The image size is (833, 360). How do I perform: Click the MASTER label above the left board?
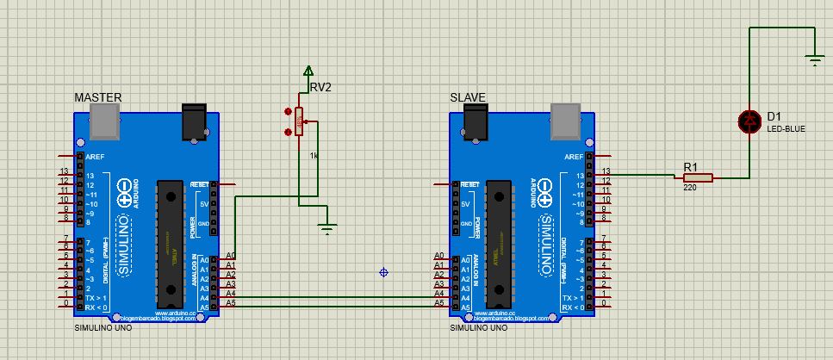point(97,97)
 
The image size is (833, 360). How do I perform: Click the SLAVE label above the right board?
point(468,97)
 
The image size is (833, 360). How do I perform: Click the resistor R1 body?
point(693,177)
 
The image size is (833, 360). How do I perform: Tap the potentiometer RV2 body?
point(299,121)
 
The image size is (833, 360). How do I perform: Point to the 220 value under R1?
point(690,187)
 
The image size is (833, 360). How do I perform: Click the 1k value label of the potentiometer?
point(314,155)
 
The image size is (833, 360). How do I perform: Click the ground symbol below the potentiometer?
point(326,228)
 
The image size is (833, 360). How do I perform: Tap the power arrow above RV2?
point(308,71)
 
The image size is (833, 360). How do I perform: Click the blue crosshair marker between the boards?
point(383,273)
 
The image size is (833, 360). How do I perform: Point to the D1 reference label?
point(774,116)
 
